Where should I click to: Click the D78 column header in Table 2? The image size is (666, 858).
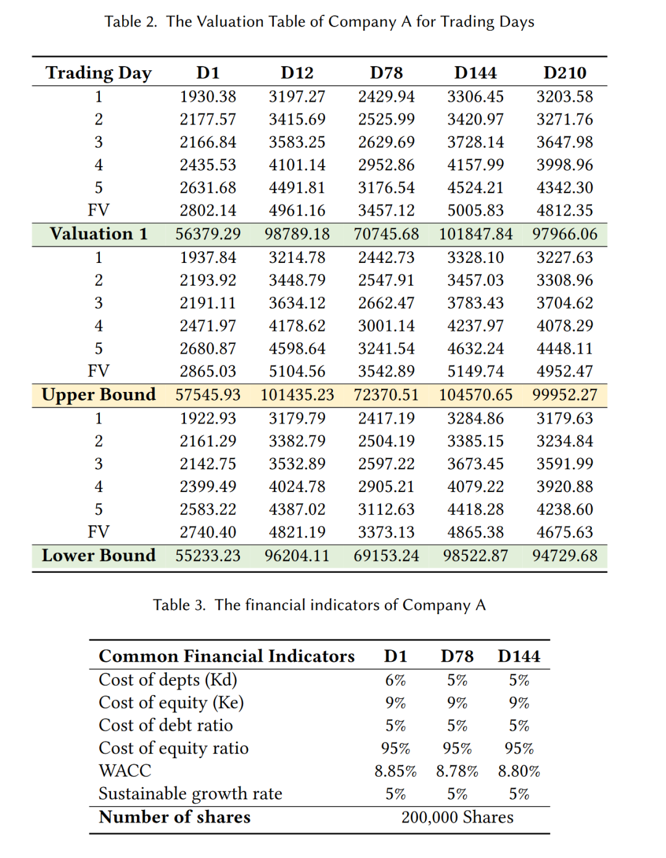[x=386, y=73]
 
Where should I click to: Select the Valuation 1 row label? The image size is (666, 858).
[x=99, y=234]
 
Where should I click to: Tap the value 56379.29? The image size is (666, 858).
[x=208, y=235]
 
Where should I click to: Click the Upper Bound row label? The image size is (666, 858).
[x=99, y=395]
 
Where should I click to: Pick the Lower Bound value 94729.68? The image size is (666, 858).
[x=564, y=556]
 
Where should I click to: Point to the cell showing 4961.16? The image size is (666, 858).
[x=297, y=210]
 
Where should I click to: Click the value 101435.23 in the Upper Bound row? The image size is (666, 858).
[x=297, y=395]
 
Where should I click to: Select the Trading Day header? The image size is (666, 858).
[x=99, y=73]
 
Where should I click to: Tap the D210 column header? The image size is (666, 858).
[x=564, y=73]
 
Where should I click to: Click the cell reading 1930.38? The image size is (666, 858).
[x=208, y=97]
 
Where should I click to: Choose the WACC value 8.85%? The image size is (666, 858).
[x=395, y=771]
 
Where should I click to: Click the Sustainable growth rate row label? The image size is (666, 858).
[x=190, y=794]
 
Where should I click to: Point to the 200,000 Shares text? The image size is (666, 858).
[x=457, y=817]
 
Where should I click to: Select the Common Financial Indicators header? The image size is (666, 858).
[x=226, y=656]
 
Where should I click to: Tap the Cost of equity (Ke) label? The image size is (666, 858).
[x=171, y=703]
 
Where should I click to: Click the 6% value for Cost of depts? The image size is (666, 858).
[x=395, y=680]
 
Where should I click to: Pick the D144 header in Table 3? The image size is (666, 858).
[x=519, y=656]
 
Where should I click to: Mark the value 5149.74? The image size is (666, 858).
[x=475, y=372]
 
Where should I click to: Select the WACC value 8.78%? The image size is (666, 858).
[x=457, y=771]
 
